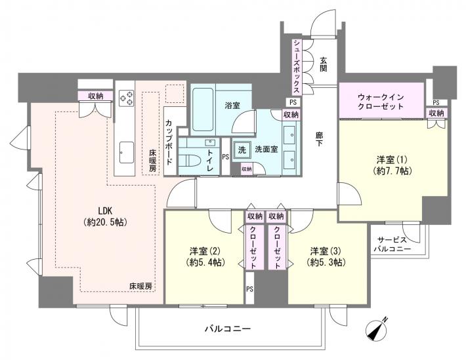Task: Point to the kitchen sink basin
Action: pyautogui.click(x=125, y=155)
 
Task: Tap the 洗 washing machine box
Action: pyautogui.click(x=242, y=149)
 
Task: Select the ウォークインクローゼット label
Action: pyautogui.click(x=381, y=99)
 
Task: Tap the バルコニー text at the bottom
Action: pyautogui.click(x=228, y=327)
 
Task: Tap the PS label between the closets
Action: pyautogui.click(x=249, y=288)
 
